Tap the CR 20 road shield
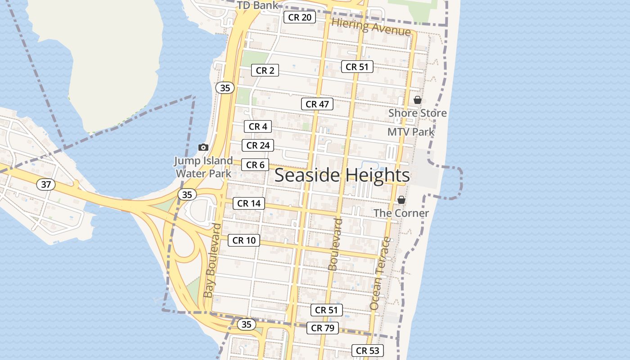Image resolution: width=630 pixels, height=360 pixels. click(299, 18)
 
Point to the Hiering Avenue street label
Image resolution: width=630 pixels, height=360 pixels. click(371, 27)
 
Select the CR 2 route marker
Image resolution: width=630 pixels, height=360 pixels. click(265, 70)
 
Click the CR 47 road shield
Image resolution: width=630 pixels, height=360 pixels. click(317, 104)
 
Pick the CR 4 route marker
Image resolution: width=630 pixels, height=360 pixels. click(258, 126)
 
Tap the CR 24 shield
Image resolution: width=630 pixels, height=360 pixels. click(258, 145)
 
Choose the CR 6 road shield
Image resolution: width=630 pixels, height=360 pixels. click(255, 165)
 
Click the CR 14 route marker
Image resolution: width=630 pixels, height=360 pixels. click(249, 203)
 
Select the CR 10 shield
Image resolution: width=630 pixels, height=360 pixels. click(244, 240)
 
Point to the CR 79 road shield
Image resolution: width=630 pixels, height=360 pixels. click(323, 328)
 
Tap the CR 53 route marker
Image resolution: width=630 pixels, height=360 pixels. click(368, 351)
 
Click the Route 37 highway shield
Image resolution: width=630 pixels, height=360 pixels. click(45, 184)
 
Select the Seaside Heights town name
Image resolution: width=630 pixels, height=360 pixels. click(342, 175)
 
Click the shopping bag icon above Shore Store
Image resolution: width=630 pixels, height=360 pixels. click(418, 100)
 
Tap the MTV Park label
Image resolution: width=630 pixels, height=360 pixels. click(411, 132)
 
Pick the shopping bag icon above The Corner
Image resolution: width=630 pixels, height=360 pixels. click(401, 200)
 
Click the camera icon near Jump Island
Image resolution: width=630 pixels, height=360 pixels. click(203, 147)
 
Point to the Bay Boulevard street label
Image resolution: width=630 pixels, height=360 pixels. click(212, 260)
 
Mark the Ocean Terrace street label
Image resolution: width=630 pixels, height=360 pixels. click(381, 273)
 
